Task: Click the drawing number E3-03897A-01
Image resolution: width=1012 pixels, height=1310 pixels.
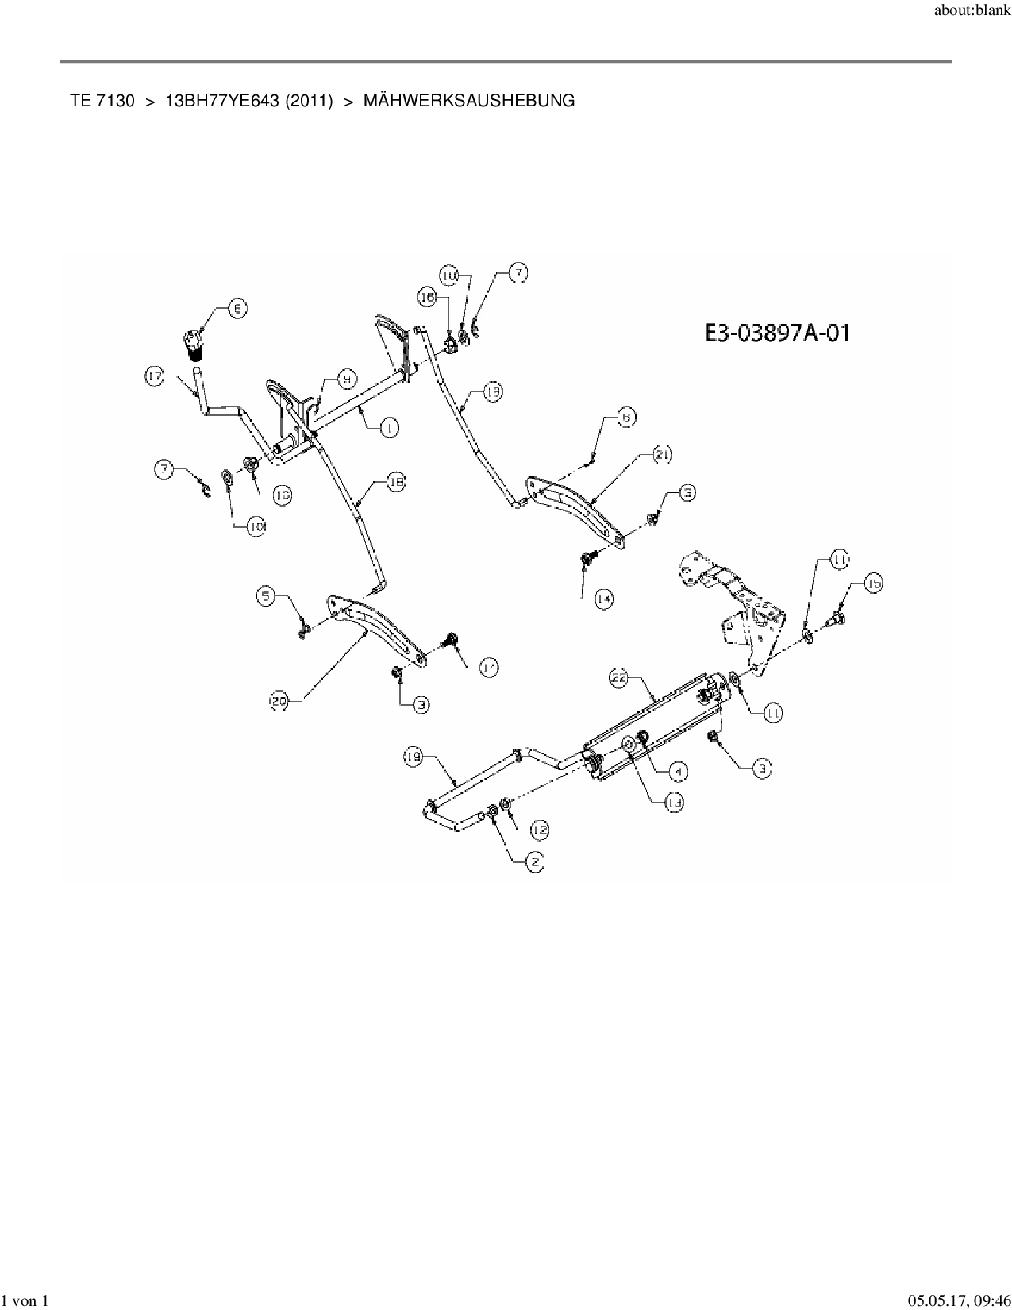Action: pos(777,332)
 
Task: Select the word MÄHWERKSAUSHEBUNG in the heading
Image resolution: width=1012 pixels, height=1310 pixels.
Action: pos(469,101)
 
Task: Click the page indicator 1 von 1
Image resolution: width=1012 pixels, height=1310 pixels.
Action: pos(25,1300)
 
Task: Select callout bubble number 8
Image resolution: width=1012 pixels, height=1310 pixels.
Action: pos(237,308)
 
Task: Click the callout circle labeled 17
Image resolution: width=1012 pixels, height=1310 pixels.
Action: pos(155,376)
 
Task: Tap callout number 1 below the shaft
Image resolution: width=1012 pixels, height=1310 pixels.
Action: pos(389,428)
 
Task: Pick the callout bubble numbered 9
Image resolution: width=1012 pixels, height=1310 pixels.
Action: pos(347,380)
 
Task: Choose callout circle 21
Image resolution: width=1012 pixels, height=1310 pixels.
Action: pos(663,454)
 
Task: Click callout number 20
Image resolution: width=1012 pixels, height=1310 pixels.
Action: pos(279,701)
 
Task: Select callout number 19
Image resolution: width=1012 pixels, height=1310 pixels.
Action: pos(413,758)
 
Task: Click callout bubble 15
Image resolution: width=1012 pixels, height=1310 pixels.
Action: pos(873,584)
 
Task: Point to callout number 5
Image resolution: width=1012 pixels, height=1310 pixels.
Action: pos(266,594)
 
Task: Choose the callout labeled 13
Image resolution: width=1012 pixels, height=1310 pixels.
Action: pos(674,803)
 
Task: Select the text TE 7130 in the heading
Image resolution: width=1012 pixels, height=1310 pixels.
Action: pos(102,101)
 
